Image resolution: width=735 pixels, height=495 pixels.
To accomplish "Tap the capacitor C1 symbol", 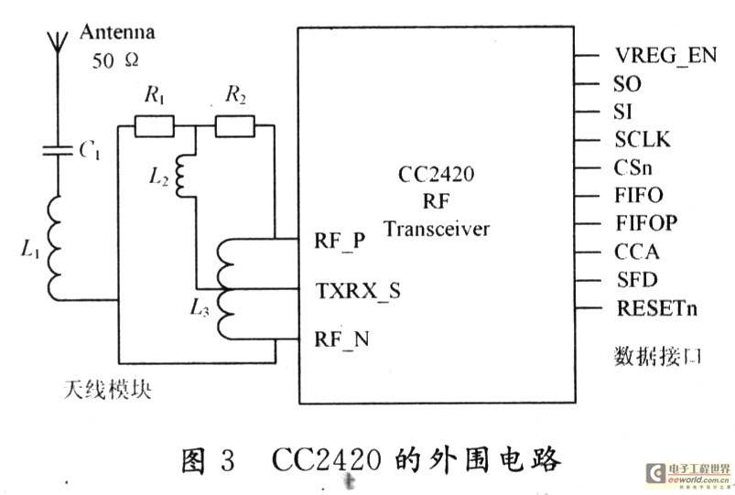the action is (x=58, y=150).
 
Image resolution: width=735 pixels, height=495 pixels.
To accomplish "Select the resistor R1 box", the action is (x=154, y=126).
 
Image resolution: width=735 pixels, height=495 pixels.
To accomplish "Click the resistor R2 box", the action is (x=235, y=126).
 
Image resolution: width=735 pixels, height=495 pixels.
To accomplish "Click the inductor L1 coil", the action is (x=55, y=249).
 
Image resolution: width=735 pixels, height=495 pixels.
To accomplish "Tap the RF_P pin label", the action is (x=340, y=242).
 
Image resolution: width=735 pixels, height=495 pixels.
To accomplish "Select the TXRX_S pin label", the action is (x=358, y=291).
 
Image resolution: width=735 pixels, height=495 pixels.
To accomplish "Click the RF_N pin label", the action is (x=341, y=339).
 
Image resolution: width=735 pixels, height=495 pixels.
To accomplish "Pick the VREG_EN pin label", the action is (x=665, y=56).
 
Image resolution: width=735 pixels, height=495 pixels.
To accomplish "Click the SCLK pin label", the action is (x=643, y=139).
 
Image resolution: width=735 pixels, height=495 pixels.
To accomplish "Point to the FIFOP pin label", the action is (x=646, y=223).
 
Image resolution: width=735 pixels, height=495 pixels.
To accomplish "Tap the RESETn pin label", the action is (x=656, y=308).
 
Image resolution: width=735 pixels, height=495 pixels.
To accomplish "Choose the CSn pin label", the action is (x=632, y=167).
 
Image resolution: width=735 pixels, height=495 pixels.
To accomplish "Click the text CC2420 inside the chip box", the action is (x=436, y=175).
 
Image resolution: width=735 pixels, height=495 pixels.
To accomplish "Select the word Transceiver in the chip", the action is (x=437, y=229).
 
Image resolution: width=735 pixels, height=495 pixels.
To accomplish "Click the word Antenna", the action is (x=117, y=32).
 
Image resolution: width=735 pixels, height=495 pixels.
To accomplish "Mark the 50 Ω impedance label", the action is (x=115, y=61).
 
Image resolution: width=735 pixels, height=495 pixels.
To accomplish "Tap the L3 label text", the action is (x=200, y=308).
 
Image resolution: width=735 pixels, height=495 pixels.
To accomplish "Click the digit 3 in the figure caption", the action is (x=227, y=460).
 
